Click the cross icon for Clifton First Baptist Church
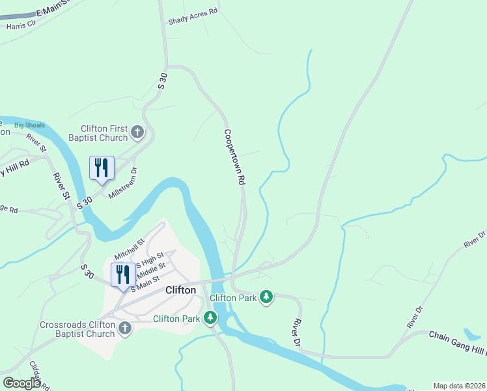pos(137,133)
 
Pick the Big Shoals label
pos(28,124)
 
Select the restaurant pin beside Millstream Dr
pos(101,168)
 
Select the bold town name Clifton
pos(180,290)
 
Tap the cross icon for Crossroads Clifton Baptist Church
pos(126,329)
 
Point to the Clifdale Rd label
pos(38,374)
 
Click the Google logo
pos(21,383)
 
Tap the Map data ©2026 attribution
pos(458,385)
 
